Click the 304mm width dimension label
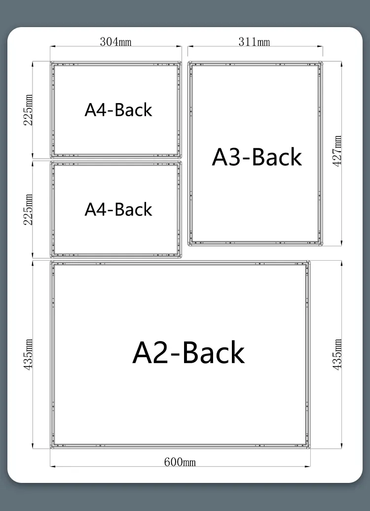pos(115,42)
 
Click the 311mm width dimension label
pos(254,42)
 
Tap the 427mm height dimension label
pos(337,151)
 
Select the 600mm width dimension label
pos(180,462)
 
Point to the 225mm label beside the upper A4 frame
pos(28,110)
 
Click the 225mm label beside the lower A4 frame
pos(28,209)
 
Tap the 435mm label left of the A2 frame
pos(28,354)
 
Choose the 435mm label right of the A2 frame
pos(337,354)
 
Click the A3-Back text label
pos(257,157)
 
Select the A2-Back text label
pos(188,352)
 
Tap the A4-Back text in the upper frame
pos(118,110)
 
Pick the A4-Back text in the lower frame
pos(118,209)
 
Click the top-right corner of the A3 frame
pos(322,62)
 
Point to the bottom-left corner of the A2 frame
pos(51,448)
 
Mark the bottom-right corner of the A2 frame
pos(310,448)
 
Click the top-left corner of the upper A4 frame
pos(51,62)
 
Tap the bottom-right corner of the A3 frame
pos(322,245)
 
